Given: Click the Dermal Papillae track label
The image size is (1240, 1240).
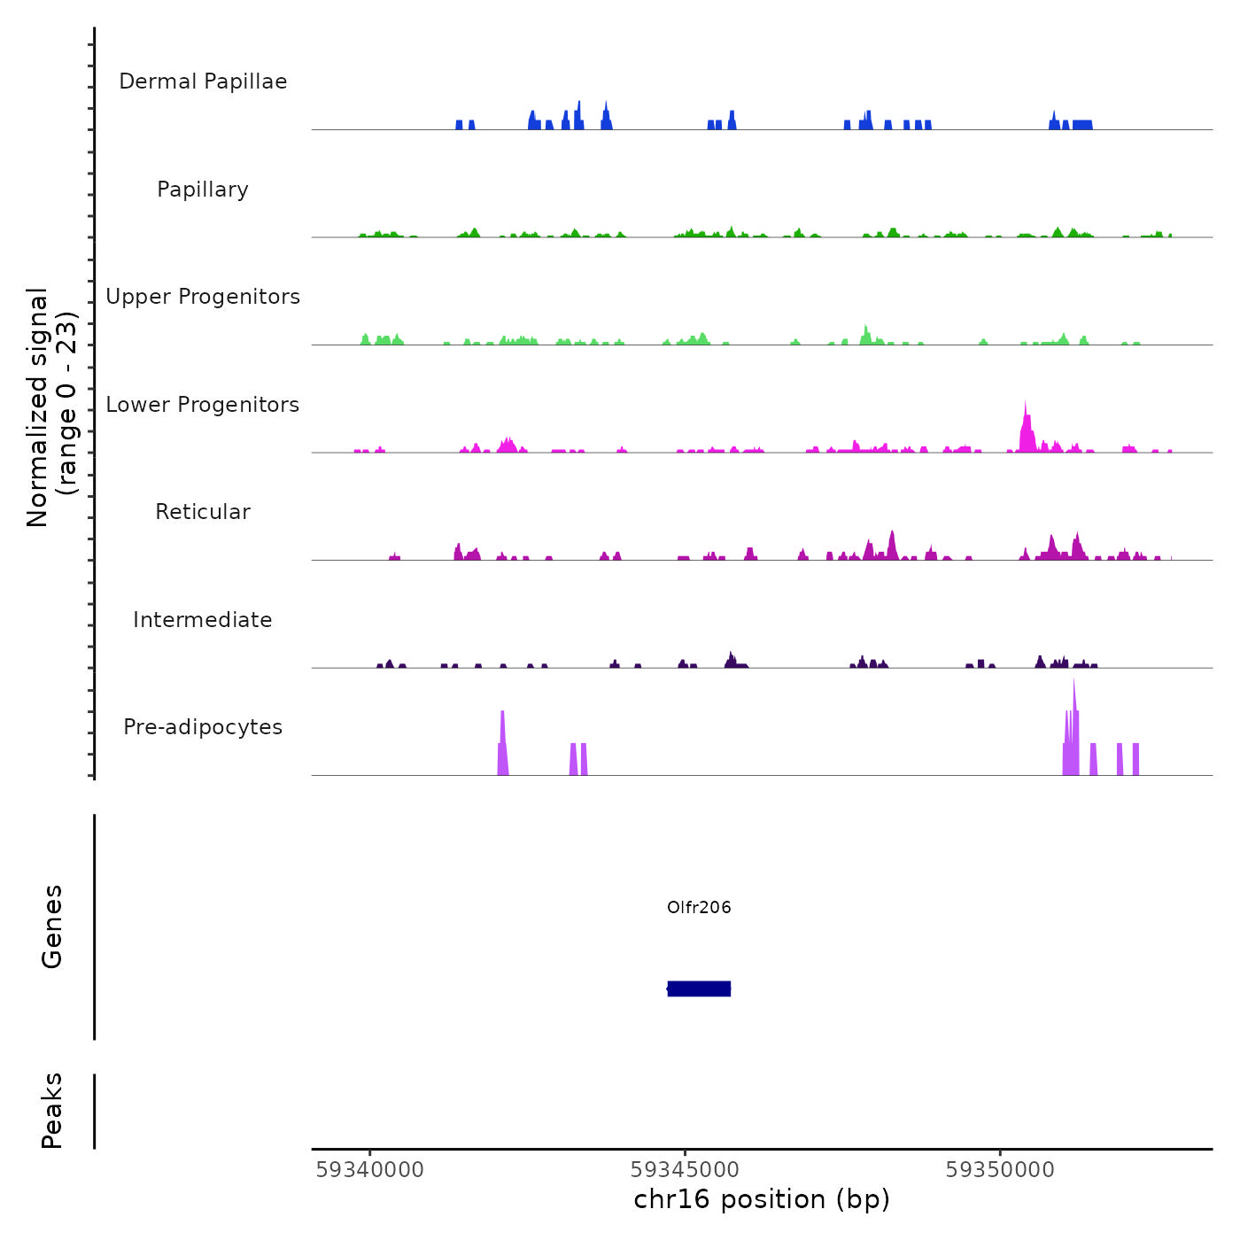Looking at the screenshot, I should click(x=203, y=81).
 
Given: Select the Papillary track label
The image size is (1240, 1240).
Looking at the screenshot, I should click(x=203, y=190).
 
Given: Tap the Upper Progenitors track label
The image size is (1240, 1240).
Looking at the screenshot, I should click(x=203, y=297).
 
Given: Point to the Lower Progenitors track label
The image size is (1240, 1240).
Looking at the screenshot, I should click(x=203, y=405).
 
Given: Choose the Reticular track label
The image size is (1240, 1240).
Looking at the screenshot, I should click(x=203, y=512).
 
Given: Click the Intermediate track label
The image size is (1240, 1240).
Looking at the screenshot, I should click(x=203, y=620).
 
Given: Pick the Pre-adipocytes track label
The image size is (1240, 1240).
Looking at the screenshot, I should click(x=203, y=727).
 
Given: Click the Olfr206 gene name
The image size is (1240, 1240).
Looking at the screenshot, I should click(x=699, y=907).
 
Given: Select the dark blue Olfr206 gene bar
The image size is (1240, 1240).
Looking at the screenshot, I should click(x=699, y=988).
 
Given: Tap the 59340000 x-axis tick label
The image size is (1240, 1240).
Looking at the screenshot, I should click(x=369, y=1170).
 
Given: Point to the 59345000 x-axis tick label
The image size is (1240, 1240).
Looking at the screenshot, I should click(x=685, y=1170).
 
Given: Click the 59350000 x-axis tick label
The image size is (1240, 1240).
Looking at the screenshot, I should click(x=1000, y=1170).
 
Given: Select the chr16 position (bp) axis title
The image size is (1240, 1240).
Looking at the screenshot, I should click(x=762, y=1199).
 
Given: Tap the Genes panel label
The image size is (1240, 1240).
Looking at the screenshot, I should click(x=52, y=926).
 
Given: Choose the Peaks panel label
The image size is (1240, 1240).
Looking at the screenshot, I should click(x=52, y=1111).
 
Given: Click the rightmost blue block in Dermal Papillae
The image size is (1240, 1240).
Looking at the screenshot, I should click(x=1082, y=125).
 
